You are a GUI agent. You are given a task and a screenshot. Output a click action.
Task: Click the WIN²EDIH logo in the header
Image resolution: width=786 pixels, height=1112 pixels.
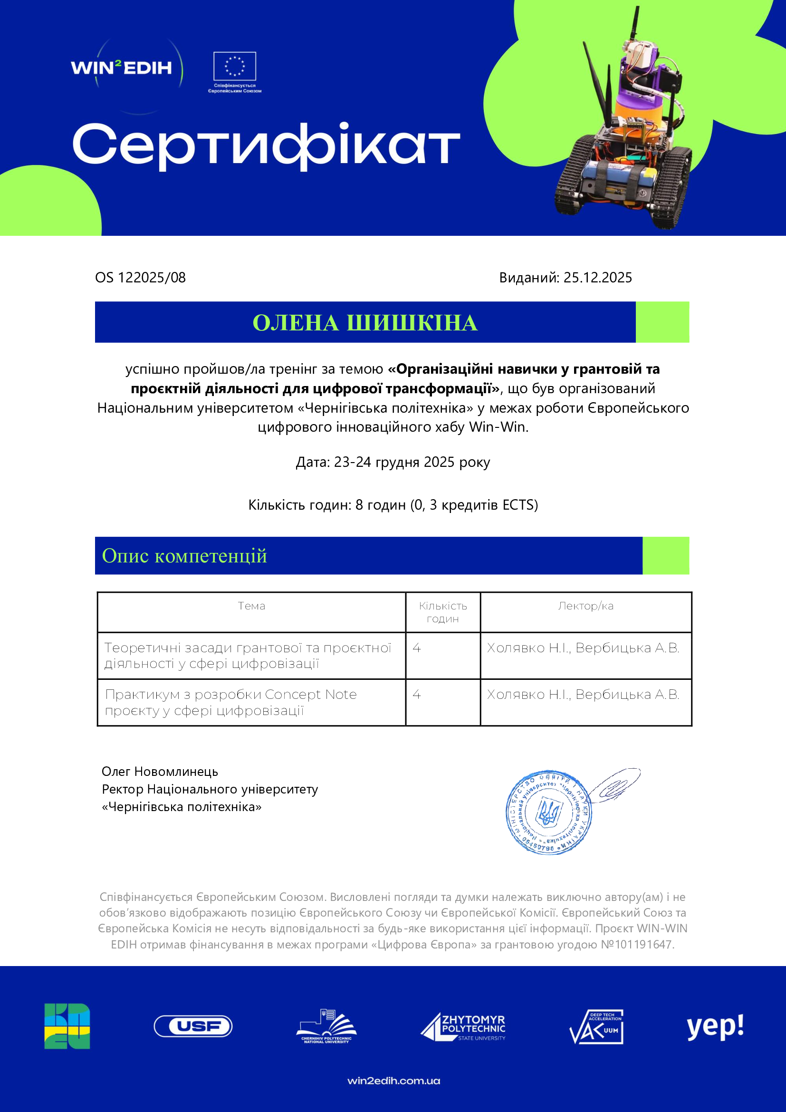tap(122, 68)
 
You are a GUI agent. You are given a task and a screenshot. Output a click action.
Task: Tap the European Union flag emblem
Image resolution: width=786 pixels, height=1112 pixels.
tap(235, 67)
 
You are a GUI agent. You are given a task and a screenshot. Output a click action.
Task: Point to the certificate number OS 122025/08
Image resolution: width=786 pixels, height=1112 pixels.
tap(140, 278)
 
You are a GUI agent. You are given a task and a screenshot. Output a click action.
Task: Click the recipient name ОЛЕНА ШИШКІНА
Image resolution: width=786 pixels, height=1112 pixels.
tap(365, 322)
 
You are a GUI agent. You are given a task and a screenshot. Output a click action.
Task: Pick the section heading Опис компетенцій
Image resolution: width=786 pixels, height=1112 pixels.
tap(184, 555)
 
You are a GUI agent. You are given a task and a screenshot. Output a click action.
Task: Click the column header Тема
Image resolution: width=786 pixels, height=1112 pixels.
tap(251, 606)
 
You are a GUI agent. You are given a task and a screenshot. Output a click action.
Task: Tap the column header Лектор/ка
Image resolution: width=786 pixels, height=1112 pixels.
tap(585, 606)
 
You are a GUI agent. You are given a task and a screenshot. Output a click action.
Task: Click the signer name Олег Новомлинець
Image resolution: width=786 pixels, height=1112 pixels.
tap(160, 772)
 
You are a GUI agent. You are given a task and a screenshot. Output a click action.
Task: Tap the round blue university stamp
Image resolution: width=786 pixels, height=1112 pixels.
tap(548, 812)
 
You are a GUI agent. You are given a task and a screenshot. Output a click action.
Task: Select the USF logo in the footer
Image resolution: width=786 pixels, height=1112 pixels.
tap(193, 1026)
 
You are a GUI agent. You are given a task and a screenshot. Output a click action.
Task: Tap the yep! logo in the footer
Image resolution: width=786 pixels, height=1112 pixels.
tap(715, 1026)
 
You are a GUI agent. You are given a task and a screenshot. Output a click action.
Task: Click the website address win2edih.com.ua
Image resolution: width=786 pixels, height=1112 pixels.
tap(393, 1081)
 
